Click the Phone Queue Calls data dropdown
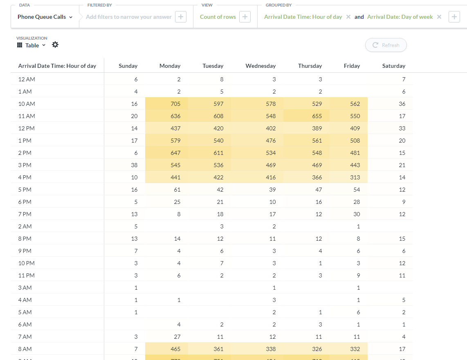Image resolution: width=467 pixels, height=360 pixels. (x=45, y=17)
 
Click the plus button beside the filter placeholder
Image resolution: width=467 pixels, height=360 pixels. (x=181, y=17)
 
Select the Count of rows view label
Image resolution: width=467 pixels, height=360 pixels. (x=218, y=17)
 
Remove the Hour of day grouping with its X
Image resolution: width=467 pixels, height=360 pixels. (x=348, y=17)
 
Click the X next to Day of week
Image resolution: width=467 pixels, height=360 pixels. (x=439, y=17)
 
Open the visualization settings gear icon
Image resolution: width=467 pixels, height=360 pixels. (x=55, y=45)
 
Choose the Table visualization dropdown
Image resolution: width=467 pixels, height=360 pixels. (x=31, y=45)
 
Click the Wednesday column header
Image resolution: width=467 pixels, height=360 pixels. (x=260, y=66)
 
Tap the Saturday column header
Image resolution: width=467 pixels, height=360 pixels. (x=393, y=66)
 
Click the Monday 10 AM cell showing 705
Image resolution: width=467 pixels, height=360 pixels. (x=175, y=104)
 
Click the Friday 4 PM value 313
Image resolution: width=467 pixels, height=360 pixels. (x=355, y=177)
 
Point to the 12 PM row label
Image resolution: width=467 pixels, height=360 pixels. (x=27, y=128)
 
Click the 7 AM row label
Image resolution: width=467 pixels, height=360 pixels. (x=25, y=337)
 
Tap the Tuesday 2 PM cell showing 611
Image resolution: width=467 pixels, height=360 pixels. (x=218, y=153)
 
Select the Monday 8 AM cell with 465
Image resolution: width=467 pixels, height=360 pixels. (x=175, y=349)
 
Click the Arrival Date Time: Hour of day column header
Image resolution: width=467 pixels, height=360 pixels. (x=57, y=66)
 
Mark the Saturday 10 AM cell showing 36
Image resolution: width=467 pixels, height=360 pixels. (x=402, y=104)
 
